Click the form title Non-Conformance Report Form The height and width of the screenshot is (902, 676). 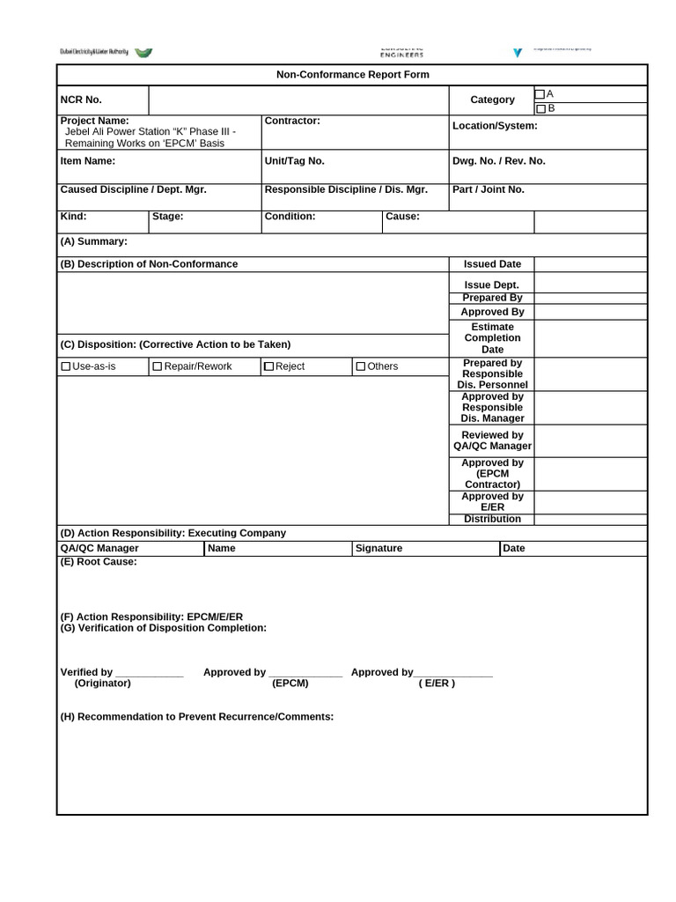click(x=353, y=75)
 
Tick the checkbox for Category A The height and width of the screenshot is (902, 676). click(x=540, y=94)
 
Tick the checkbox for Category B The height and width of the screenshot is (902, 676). click(x=540, y=109)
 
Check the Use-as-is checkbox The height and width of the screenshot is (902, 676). click(x=66, y=366)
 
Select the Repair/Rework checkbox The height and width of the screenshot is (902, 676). click(x=158, y=366)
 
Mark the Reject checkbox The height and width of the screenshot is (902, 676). click(x=269, y=366)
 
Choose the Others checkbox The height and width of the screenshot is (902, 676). click(x=361, y=366)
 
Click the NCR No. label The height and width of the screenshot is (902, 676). click(x=81, y=100)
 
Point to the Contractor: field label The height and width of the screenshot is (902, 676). click(x=292, y=121)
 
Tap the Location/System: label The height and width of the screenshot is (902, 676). click(x=495, y=126)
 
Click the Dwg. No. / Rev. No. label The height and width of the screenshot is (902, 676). click(x=498, y=161)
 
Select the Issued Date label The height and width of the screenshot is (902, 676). click(x=492, y=264)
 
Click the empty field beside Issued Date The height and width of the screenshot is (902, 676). click(x=590, y=264)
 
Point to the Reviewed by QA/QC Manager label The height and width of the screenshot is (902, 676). click(x=492, y=440)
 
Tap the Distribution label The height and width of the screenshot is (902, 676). click(x=492, y=519)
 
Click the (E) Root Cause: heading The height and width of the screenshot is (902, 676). click(x=99, y=562)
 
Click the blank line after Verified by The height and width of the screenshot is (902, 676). click(x=149, y=673)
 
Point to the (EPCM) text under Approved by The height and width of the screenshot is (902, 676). click(x=290, y=684)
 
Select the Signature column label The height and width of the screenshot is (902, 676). click(x=378, y=548)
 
